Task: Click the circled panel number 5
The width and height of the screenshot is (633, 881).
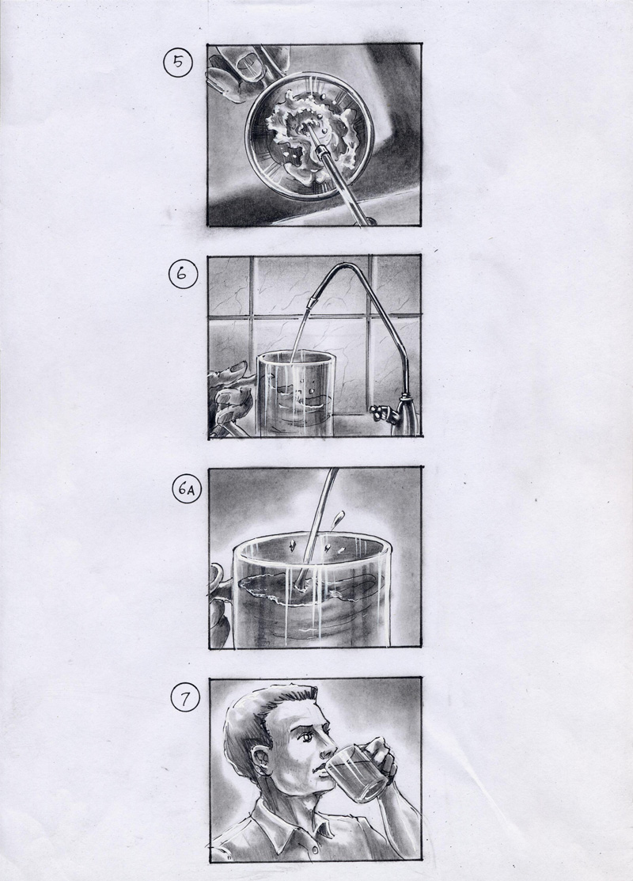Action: tap(178, 63)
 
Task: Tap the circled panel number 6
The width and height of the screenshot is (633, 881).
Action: tap(182, 275)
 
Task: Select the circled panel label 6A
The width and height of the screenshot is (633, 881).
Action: tap(187, 490)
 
